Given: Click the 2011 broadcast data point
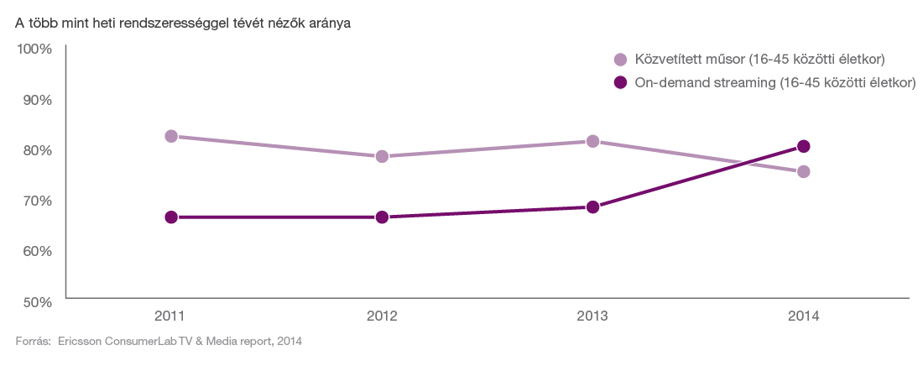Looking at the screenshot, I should [171, 136].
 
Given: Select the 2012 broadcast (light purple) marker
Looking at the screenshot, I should [382, 156].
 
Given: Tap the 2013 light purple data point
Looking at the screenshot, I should [592, 141].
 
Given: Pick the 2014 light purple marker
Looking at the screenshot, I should [803, 171].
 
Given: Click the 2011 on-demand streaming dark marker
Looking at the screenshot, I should [171, 217].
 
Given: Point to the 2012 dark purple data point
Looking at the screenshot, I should [382, 217].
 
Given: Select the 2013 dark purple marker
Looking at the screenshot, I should [592, 207].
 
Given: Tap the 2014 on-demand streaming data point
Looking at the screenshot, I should [803, 146].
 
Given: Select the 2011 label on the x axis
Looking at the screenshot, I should [170, 316].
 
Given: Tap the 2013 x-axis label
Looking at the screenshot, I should [592, 316].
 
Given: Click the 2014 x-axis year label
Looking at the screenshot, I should [803, 316].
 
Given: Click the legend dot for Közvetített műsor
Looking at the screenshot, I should [620, 60].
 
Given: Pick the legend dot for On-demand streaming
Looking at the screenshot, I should [620, 82].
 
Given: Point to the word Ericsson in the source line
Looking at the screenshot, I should [79, 342].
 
